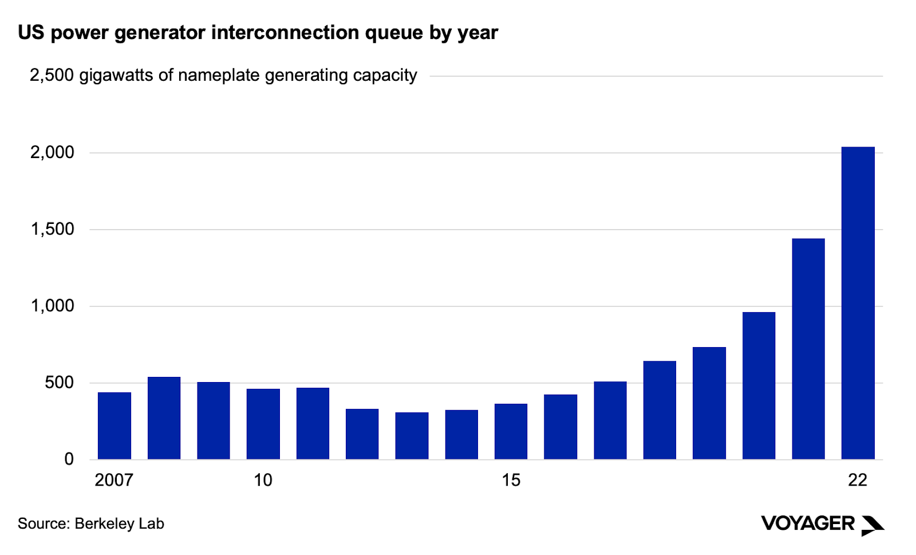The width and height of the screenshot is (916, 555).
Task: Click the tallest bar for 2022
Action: point(858,303)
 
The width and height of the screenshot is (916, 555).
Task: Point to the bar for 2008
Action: point(164,418)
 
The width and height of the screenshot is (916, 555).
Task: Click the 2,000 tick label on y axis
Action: point(52,152)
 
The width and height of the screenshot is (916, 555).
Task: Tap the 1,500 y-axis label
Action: point(52,229)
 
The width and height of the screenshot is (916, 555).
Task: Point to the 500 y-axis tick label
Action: point(60,383)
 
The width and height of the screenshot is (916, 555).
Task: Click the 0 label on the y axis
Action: point(69,459)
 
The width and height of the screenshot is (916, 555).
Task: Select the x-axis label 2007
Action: point(114,480)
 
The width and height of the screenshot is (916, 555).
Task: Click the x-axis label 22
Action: point(857,480)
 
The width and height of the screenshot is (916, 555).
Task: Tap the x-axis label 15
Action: point(511,480)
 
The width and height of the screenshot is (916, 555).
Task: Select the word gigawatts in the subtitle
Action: point(117,76)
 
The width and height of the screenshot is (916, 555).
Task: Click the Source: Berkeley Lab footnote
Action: point(91,523)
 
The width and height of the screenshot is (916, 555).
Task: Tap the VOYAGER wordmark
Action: point(807,523)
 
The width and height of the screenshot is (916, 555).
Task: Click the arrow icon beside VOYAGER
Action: point(872,525)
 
